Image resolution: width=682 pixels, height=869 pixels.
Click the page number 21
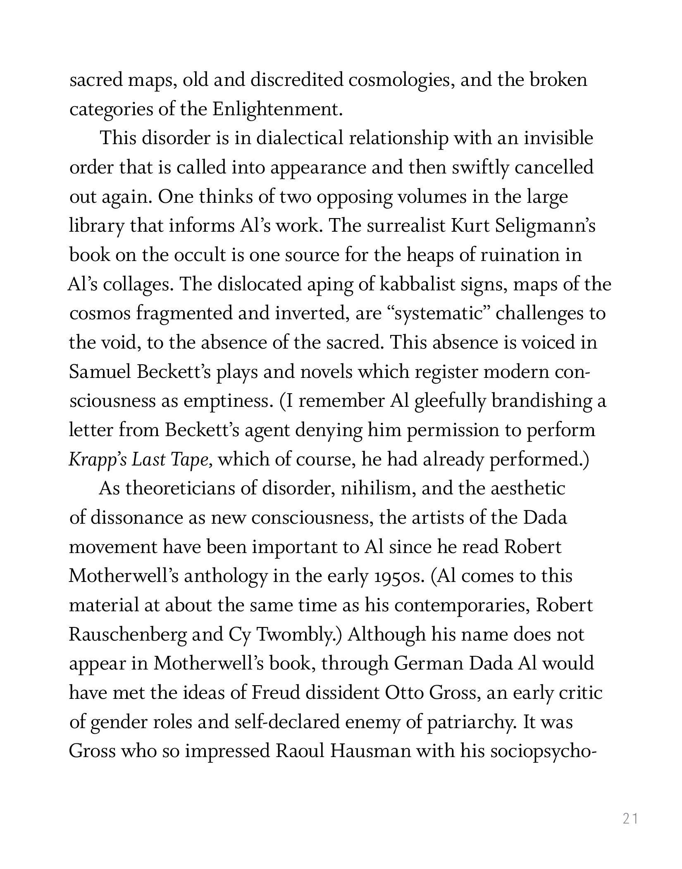tap(630, 818)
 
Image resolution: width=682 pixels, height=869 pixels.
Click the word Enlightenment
tap(278, 109)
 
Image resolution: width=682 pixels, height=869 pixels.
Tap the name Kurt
tap(468, 226)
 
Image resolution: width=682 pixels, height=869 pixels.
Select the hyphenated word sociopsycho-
tap(542, 752)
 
